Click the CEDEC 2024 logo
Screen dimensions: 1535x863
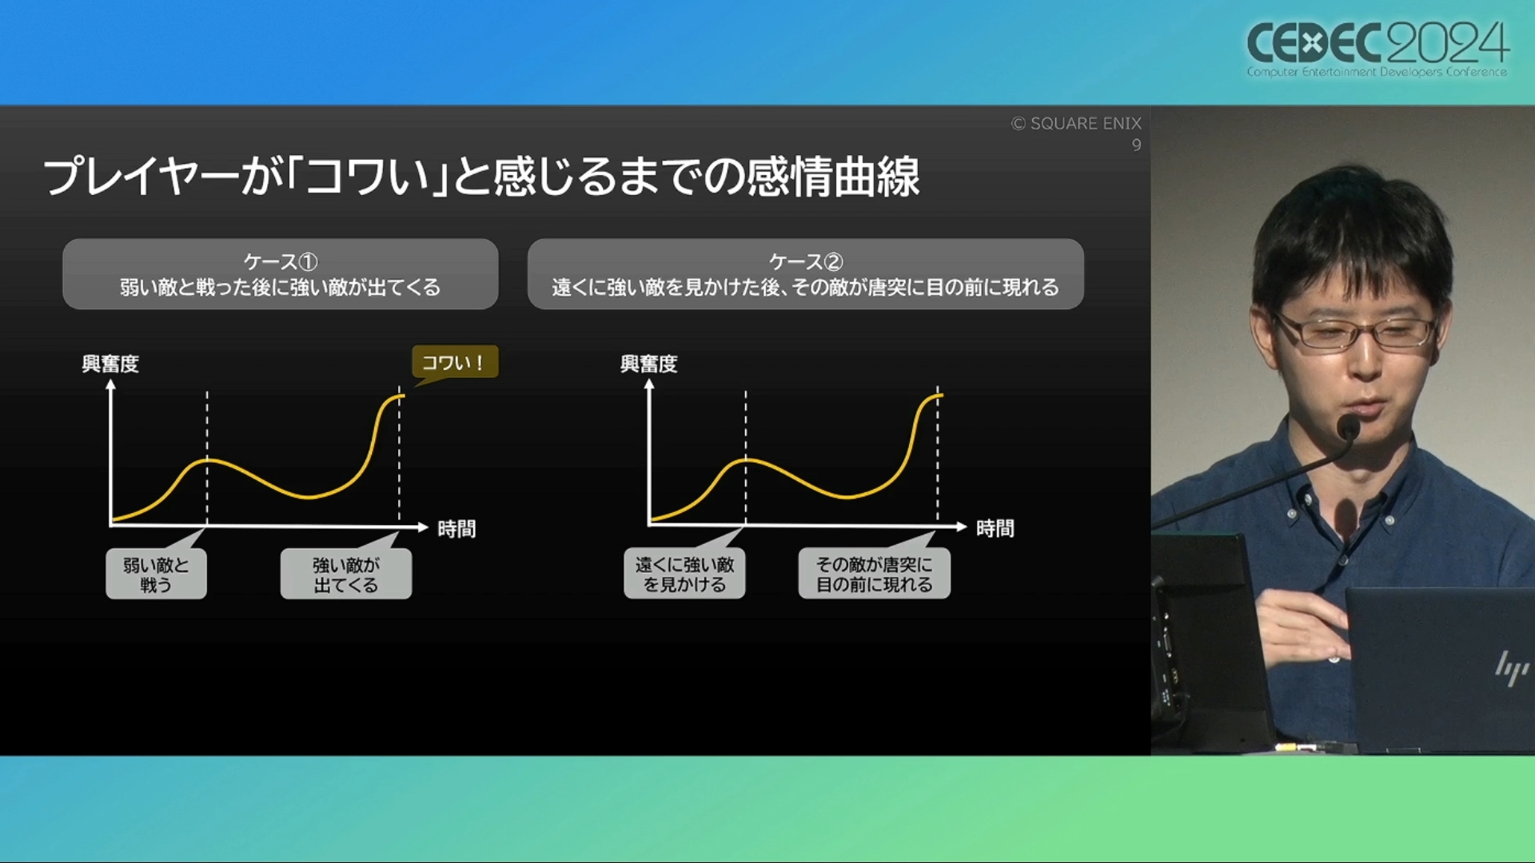(x=1378, y=48)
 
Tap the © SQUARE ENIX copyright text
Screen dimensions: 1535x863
(x=1076, y=123)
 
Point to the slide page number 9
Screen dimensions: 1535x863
(x=1136, y=145)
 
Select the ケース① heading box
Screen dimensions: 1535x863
(x=281, y=274)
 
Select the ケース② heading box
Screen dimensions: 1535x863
(x=805, y=274)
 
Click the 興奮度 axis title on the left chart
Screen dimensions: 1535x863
(x=110, y=364)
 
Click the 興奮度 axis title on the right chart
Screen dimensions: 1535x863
(x=648, y=364)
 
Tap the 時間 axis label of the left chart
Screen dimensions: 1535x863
(x=457, y=529)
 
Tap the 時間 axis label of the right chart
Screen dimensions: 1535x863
(x=995, y=528)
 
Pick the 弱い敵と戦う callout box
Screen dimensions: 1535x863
(x=156, y=574)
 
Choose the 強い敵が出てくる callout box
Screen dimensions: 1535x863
(x=346, y=574)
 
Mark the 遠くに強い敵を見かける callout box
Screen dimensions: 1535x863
(x=684, y=574)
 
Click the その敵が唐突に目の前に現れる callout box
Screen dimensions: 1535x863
(x=874, y=574)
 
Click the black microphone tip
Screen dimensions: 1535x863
(x=1348, y=428)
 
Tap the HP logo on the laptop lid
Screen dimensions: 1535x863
(x=1512, y=668)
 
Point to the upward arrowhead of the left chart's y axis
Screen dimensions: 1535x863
(x=111, y=384)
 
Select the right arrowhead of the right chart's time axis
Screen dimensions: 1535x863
(x=962, y=527)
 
